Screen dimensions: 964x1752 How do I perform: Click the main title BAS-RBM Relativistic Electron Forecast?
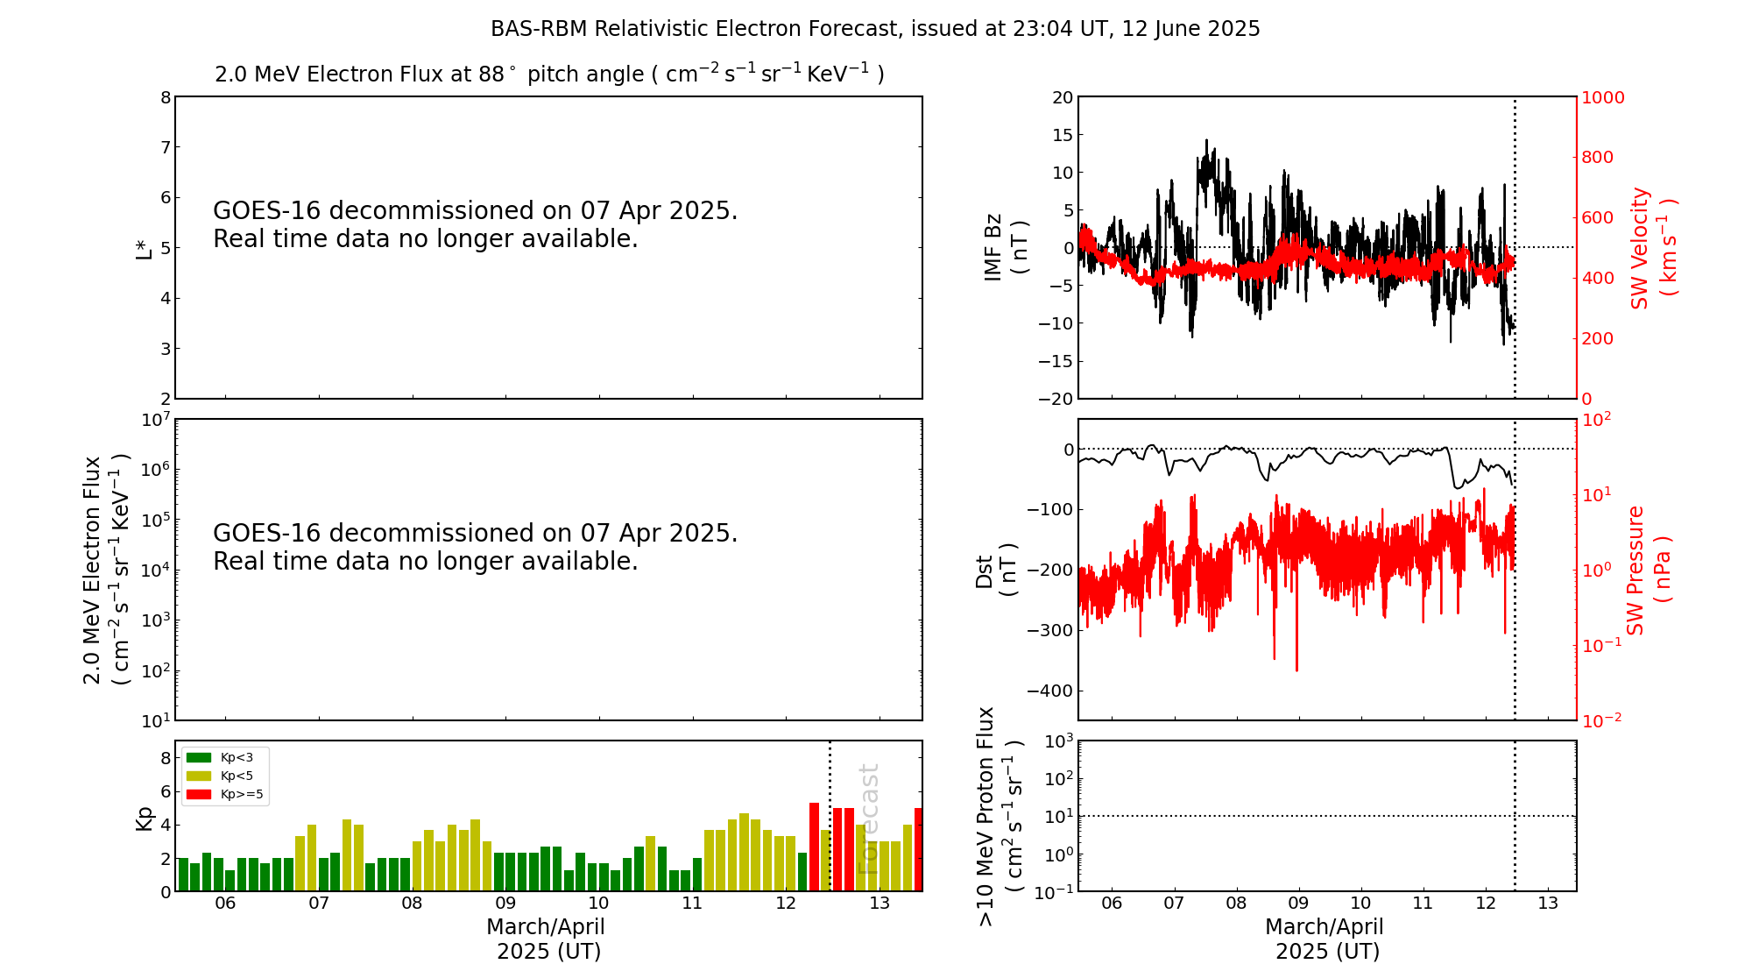pos(875,29)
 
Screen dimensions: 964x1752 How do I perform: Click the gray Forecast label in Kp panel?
pos(868,819)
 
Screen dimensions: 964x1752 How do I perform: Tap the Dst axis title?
pos(996,571)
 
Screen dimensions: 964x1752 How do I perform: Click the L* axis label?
pos(144,248)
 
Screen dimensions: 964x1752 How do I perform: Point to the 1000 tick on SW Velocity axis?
pos(1602,97)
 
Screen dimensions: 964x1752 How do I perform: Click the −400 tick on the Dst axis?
pos(1055,691)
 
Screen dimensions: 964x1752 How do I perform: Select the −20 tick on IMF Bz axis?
pos(1056,399)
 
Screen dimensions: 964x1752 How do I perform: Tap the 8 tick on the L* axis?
pos(166,97)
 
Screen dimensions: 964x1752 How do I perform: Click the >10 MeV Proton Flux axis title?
pos(1000,816)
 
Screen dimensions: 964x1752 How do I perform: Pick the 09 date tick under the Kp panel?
pos(505,904)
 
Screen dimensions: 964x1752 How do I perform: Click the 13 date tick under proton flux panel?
pos(1548,904)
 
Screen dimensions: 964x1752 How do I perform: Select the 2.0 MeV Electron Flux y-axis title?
pos(106,571)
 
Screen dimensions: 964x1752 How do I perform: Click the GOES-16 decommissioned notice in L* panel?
pos(475,224)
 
